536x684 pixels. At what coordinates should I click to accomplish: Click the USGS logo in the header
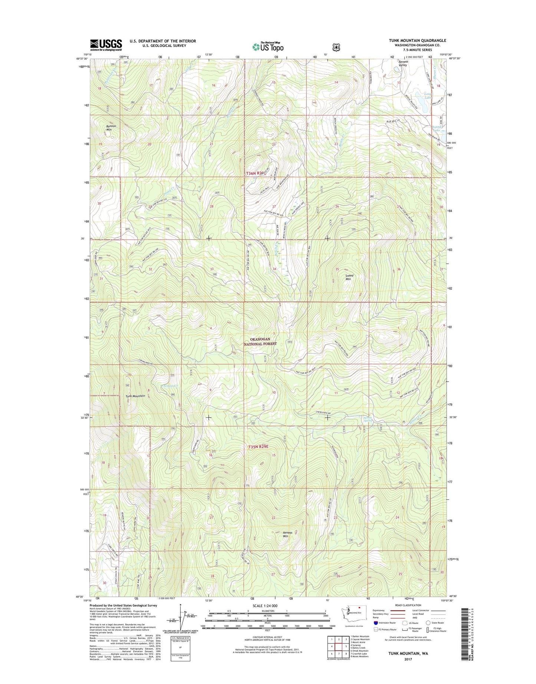pos(106,45)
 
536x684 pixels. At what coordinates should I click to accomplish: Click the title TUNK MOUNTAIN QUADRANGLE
pos(417,40)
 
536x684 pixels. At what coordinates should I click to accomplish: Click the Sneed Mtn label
pos(349,277)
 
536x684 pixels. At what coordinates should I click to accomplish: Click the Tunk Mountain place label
pos(135,396)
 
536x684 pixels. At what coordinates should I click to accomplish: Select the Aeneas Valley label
pos(403,63)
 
